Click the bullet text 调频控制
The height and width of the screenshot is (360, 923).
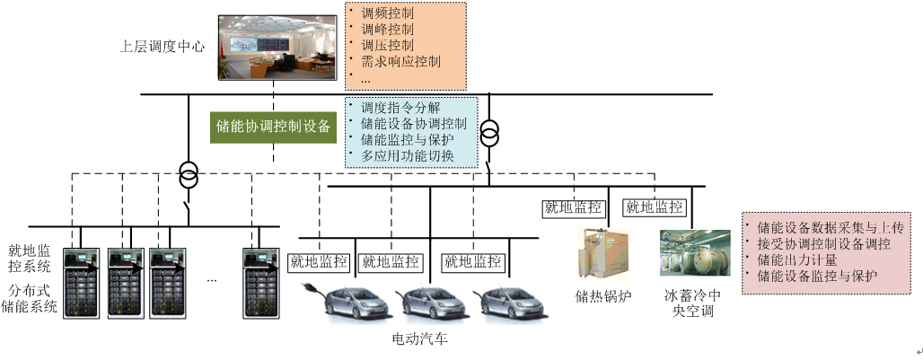click(387, 14)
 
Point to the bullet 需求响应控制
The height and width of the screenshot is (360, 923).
click(400, 63)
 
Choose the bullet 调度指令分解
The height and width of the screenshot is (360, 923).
click(400, 107)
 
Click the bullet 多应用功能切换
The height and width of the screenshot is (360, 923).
click(407, 155)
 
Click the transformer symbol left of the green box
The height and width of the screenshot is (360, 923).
click(188, 175)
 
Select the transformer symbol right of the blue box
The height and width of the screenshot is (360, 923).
click(489, 135)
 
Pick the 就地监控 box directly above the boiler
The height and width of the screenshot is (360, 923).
click(572, 207)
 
